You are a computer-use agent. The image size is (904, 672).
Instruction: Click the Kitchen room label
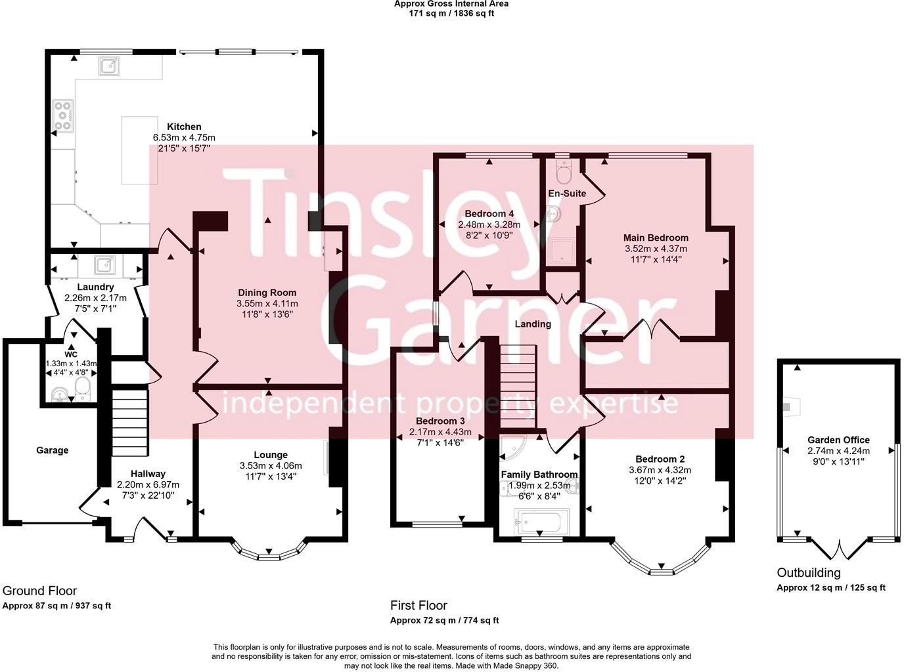click(184, 127)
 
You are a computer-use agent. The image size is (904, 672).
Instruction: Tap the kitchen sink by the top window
click(109, 65)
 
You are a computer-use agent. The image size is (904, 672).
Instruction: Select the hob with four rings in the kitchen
click(63, 115)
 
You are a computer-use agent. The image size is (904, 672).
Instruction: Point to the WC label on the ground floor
click(70, 354)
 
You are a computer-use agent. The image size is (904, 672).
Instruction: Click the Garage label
click(52, 450)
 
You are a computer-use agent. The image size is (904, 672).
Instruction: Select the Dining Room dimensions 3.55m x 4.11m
click(267, 304)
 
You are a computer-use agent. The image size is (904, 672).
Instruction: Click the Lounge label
click(271, 455)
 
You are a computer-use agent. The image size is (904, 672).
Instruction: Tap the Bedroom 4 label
click(489, 214)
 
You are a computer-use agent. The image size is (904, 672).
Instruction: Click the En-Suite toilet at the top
click(564, 173)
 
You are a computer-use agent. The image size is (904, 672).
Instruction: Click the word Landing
click(533, 324)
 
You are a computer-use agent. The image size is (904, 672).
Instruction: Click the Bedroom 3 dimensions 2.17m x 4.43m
click(440, 432)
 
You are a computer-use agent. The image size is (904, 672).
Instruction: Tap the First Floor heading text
click(418, 605)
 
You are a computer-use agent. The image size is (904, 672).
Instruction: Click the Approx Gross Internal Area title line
click(451, 4)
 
